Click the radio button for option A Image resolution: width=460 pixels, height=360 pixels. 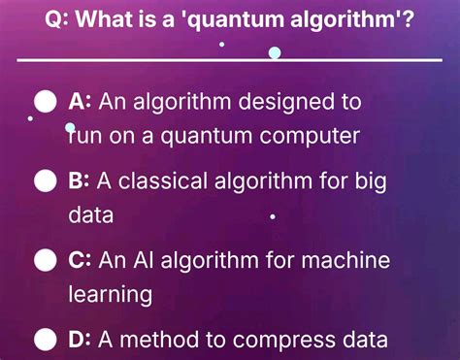pyautogui.click(x=44, y=101)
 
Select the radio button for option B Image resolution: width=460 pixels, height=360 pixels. pyautogui.click(x=44, y=180)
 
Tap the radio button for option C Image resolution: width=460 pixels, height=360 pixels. pyautogui.click(x=44, y=260)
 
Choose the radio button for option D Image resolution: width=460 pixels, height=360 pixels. pyautogui.click(x=44, y=339)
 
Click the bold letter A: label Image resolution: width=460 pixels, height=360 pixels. pyautogui.click(x=80, y=101)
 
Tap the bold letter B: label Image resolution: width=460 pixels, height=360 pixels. pyautogui.click(x=80, y=180)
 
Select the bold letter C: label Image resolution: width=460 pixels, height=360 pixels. pyautogui.click(x=80, y=260)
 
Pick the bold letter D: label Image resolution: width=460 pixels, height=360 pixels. pyautogui.click(x=80, y=340)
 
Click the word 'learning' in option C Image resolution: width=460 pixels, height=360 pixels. pyautogui.click(x=111, y=294)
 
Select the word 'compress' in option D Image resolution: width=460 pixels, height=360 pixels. pyautogui.click(x=291, y=341)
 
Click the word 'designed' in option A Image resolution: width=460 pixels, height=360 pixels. pyautogui.click(x=263, y=101)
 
